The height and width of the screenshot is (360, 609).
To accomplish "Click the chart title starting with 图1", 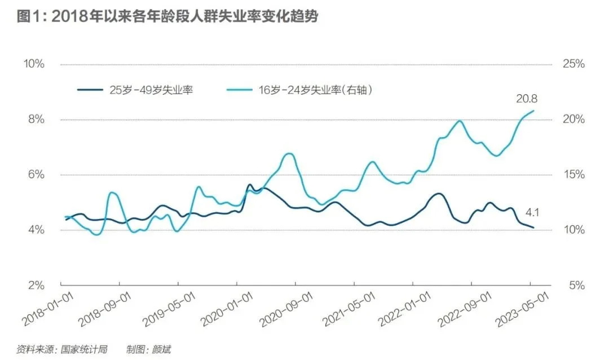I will tap(167, 17).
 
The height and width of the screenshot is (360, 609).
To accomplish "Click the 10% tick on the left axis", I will tap(33, 64).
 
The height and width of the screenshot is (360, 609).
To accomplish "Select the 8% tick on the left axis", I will tap(36, 120).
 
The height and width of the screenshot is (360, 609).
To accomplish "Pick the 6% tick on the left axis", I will tap(36, 175).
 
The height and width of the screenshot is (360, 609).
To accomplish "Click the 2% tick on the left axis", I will tap(36, 286).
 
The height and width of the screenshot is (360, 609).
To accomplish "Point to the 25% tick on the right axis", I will tap(573, 64).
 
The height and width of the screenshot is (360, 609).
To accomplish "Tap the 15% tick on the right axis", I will tap(573, 175).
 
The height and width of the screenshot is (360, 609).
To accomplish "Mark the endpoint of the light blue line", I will tap(533, 111).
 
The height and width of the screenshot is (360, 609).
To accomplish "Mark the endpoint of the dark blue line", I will tap(533, 228).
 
